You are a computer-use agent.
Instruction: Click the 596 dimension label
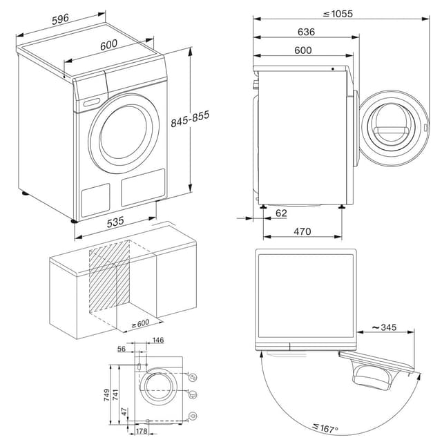[60, 21]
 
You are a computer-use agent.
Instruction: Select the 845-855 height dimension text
[181, 122]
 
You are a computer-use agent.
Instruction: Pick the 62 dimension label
[280, 213]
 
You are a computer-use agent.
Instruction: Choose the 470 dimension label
[302, 231]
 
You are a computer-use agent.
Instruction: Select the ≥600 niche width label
[141, 323]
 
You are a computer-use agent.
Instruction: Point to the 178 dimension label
[142, 432]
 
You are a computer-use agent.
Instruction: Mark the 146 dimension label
[157, 340]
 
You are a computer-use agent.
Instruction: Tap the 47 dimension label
[123, 412]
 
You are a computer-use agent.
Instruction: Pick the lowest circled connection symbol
[193, 415]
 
